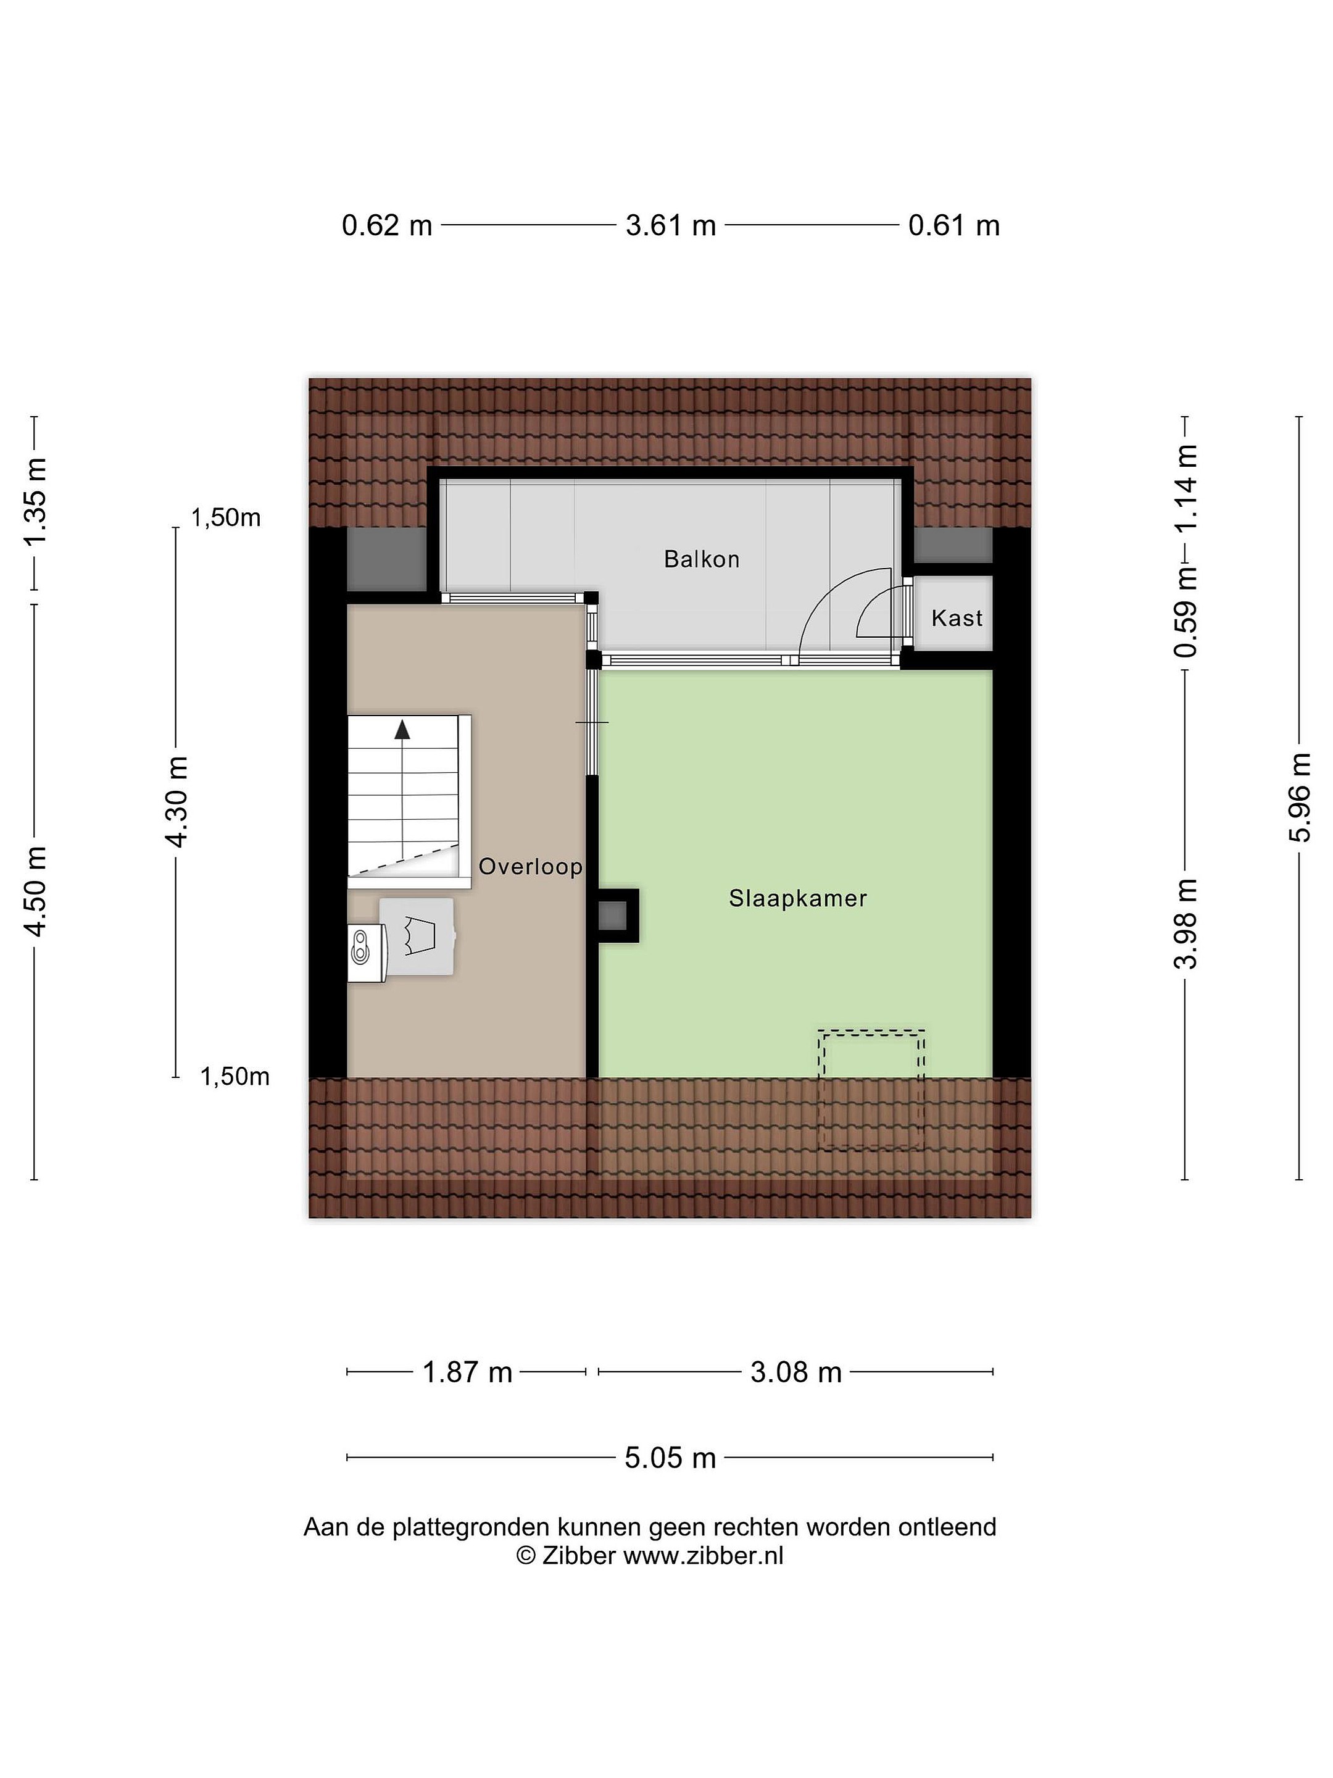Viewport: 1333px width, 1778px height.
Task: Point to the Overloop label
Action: [530, 867]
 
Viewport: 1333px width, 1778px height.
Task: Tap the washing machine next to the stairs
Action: [416, 937]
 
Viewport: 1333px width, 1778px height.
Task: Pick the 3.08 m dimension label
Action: [795, 1372]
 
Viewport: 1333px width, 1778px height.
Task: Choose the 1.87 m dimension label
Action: [468, 1372]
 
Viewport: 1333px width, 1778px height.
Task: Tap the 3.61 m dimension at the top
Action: [671, 226]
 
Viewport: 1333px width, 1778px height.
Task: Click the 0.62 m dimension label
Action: [388, 226]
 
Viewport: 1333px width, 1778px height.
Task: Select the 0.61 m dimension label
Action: [953, 226]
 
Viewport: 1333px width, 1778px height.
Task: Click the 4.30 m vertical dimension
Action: [176, 801]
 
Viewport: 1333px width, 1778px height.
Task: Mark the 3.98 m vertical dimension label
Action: [1186, 924]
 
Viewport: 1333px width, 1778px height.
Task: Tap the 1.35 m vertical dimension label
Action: [35, 501]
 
